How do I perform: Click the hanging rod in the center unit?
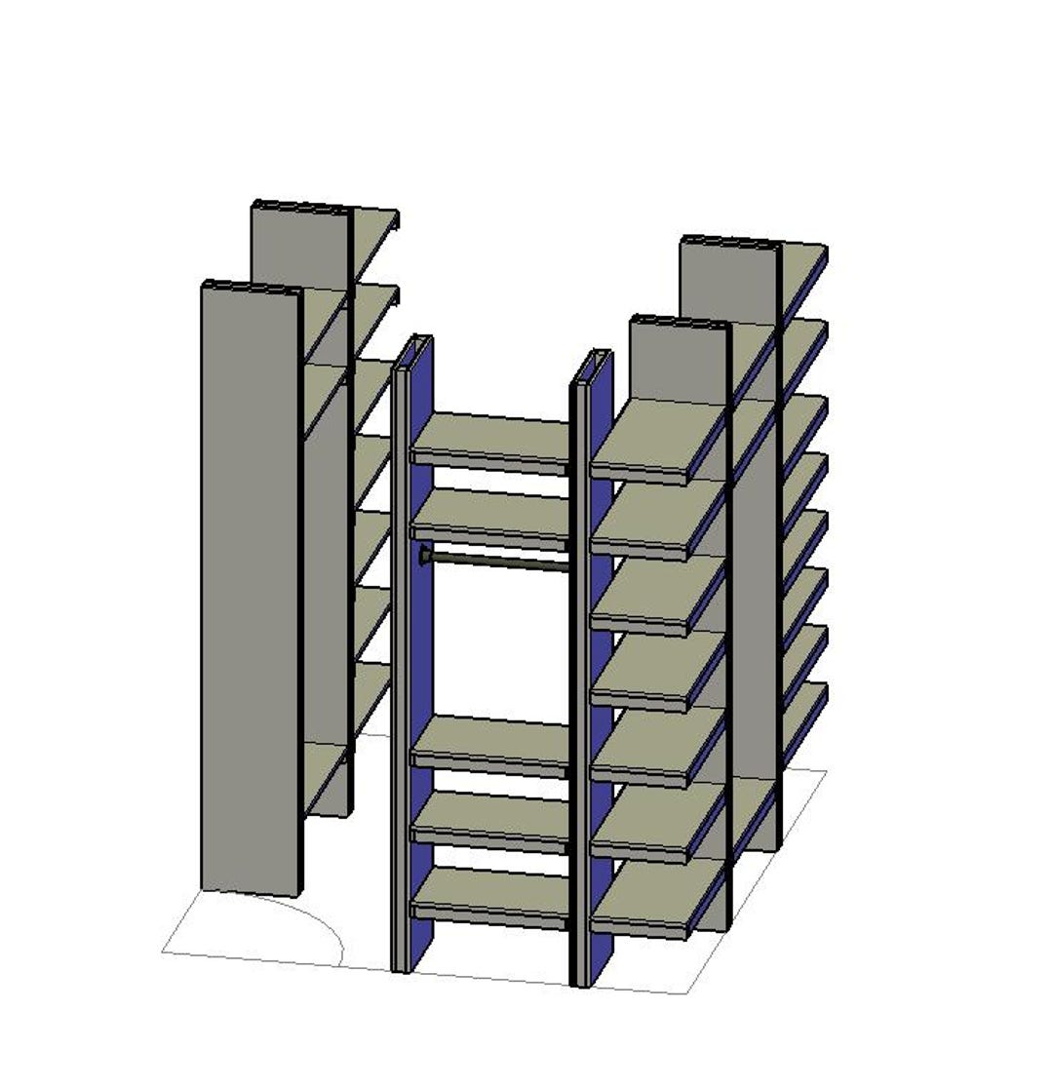[497, 561]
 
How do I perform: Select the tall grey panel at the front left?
[250, 585]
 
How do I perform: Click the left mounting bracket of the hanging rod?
[425, 557]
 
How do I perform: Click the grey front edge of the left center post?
[399, 682]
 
